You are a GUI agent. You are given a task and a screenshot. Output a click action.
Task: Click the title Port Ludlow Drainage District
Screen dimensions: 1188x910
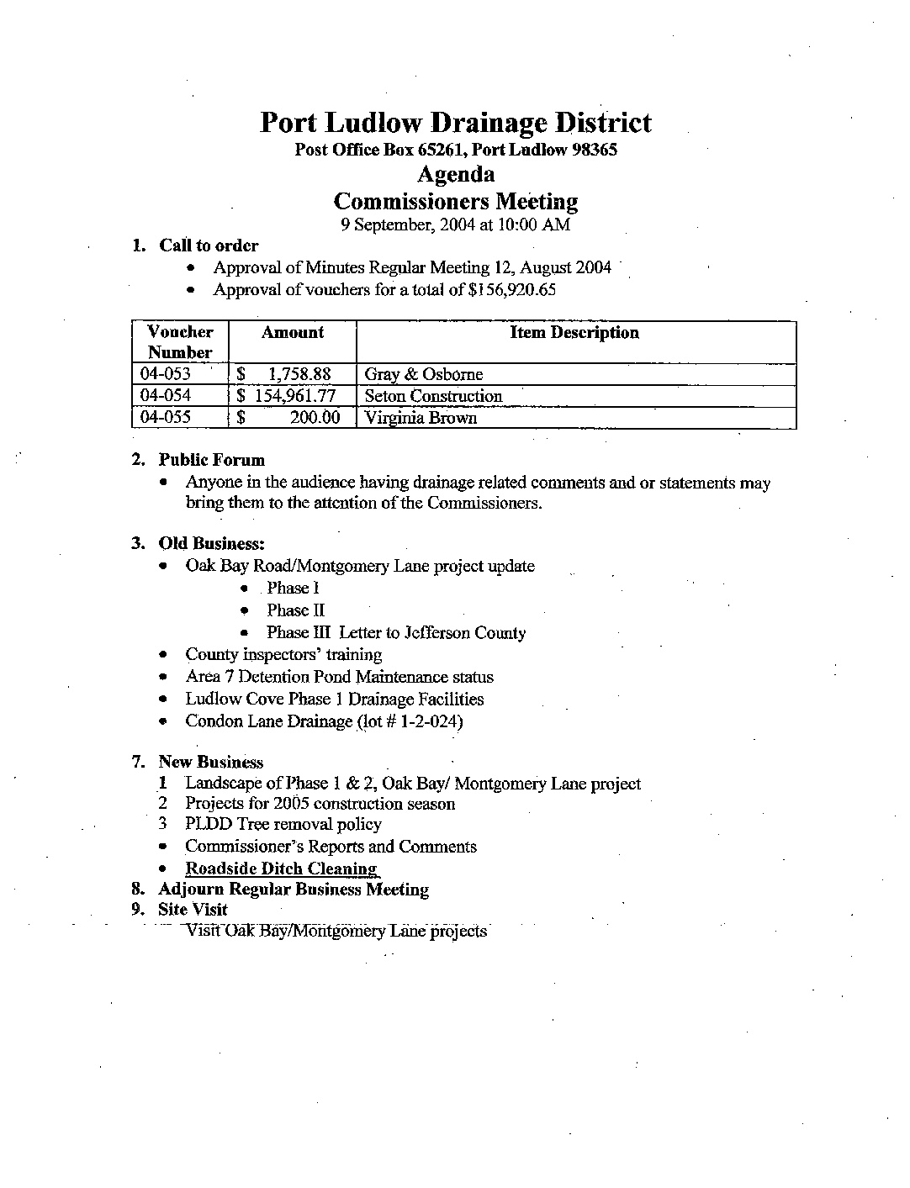pyautogui.click(x=455, y=123)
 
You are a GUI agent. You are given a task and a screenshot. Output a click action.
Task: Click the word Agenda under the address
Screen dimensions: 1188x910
pyautogui.click(x=455, y=175)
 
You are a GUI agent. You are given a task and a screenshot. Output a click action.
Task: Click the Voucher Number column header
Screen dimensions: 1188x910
pyautogui.click(x=180, y=342)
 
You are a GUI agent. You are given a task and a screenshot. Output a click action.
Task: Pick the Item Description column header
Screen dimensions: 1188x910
pyautogui.click(x=574, y=333)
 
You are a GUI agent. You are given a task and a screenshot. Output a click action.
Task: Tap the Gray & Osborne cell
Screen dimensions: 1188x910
pyautogui.click(x=423, y=374)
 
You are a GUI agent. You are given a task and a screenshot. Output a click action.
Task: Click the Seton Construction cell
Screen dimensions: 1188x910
pyautogui.click(x=433, y=396)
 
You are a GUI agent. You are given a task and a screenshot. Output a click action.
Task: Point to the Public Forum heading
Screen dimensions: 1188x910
pyautogui.click(x=211, y=460)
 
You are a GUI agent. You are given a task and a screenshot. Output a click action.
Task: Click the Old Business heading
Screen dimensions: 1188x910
pyautogui.click(x=211, y=543)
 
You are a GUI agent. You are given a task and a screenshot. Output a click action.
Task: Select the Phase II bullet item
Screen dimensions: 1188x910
pyautogui.click(x=295, y=610)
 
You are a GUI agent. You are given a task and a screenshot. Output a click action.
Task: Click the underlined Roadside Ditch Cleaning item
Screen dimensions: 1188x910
pyautogui.click(x=281, y=869)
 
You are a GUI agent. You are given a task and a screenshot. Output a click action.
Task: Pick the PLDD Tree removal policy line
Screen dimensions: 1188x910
pyautogui.click(x=283, y=825)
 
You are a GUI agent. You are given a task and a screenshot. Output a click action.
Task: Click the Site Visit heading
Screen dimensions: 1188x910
pyautogui.click(x=193, y=910)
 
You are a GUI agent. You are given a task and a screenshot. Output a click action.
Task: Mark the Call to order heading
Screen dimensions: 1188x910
pyautogui.click(x=209, y=246)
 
